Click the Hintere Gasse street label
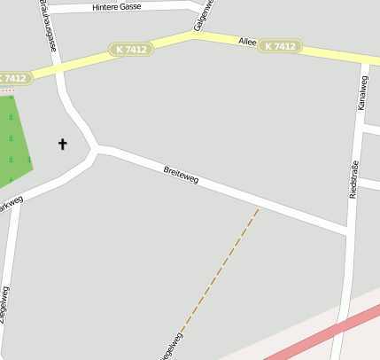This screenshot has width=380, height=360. point(117,7)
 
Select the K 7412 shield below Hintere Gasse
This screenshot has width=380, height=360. point(131,50)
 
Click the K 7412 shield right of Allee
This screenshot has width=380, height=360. point(280,45)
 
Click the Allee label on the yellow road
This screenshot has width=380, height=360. point(247,42)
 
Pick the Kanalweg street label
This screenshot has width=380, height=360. point(361,92)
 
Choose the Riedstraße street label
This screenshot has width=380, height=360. point(353,178)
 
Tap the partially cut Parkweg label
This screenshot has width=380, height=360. point(10,204)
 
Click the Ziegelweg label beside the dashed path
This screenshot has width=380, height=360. point(171,347)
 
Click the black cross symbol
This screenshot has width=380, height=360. point(62,143)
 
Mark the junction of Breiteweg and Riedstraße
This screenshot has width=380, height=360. point(347,232)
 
